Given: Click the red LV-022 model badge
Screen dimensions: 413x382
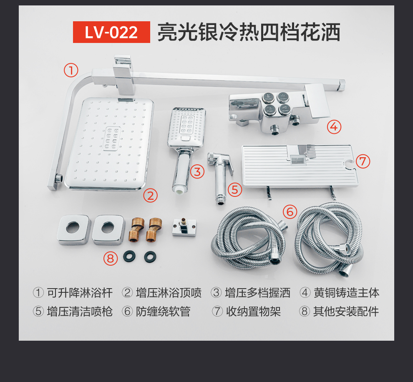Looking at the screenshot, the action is pyautogui.click(x=111, y=32).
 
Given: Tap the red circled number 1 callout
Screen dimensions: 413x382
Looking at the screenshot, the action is pyautogui.click(x=71, y=70).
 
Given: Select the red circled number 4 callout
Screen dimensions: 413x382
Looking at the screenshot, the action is pyautogui.click(x=334, y=127).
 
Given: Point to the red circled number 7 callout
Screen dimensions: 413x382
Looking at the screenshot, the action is pyautogui.click(x=363, y=161).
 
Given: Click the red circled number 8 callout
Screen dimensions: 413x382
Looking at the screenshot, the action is pyautogui.click(x=111, y=258).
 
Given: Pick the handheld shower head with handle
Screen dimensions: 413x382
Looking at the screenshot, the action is pyautogui.click(x=187, y=150).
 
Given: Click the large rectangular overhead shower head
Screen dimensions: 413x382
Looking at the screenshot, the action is pyautogui.click(x=110, y=143).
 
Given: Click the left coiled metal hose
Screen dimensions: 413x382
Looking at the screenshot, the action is pyautogui.click(x=249, y=238).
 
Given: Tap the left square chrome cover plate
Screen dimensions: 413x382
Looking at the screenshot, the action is pyautogui.click(x=74, y=230).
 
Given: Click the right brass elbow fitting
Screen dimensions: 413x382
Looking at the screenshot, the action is pyautogui.click(x=154, y=229).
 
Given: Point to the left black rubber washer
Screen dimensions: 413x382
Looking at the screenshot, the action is pyautogui.click(x=129, y=256).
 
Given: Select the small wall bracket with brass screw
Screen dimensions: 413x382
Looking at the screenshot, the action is pyautogui.click(x=184, y=227).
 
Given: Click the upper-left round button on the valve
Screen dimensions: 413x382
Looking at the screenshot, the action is pyautogui.click(x=268, y=98).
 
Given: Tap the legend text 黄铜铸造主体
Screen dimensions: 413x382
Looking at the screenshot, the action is pyautogui.click(x=346, y=293).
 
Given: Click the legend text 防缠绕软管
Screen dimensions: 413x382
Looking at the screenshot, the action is pyautogui.click(x=163, y=312).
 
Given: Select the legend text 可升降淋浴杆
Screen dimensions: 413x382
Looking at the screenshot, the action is pyautogui.click(x=80, y=293).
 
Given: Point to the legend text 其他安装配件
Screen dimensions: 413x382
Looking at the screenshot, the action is pyautogui.click(x=346, y=312).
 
